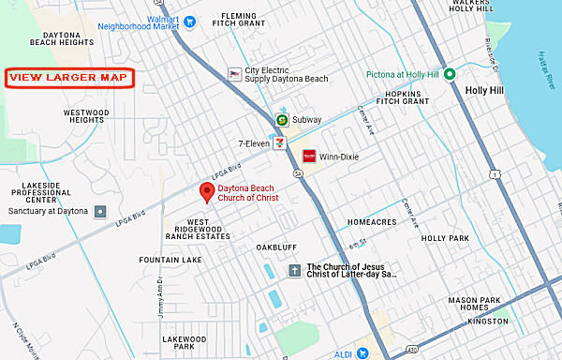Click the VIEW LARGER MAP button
[69, 77]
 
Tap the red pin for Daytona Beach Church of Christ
[208, 191]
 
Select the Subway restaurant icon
[281, 120]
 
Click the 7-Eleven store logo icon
[278, 143]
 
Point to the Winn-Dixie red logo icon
[308, 156]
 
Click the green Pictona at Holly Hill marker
[450, 75]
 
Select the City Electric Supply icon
[235, 73]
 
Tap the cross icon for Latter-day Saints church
[294, 271]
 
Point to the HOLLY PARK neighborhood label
[445, 238]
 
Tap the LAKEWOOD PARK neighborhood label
[177, 342]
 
